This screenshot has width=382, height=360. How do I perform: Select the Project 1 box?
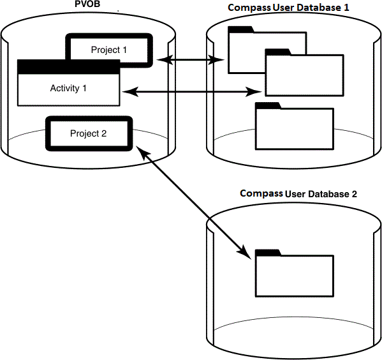pos(109,50)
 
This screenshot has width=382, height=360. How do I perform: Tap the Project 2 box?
pos(89,133)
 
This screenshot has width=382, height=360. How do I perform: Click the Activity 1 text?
pos(68,88)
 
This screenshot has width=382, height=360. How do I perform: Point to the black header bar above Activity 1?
pos(68,66)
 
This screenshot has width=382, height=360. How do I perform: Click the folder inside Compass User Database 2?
pos(294,274)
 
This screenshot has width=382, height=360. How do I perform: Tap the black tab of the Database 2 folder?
pos(267,252)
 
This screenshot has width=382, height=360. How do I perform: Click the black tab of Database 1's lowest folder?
pos(267,105)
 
